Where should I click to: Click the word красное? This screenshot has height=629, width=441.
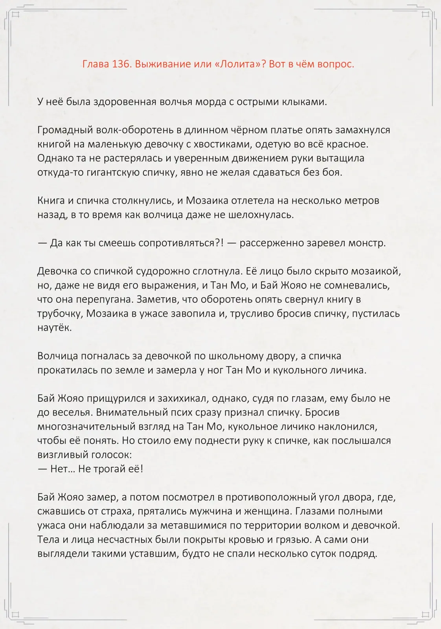pos(347,144)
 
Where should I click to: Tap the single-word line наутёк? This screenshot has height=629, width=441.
pos(55,328)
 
